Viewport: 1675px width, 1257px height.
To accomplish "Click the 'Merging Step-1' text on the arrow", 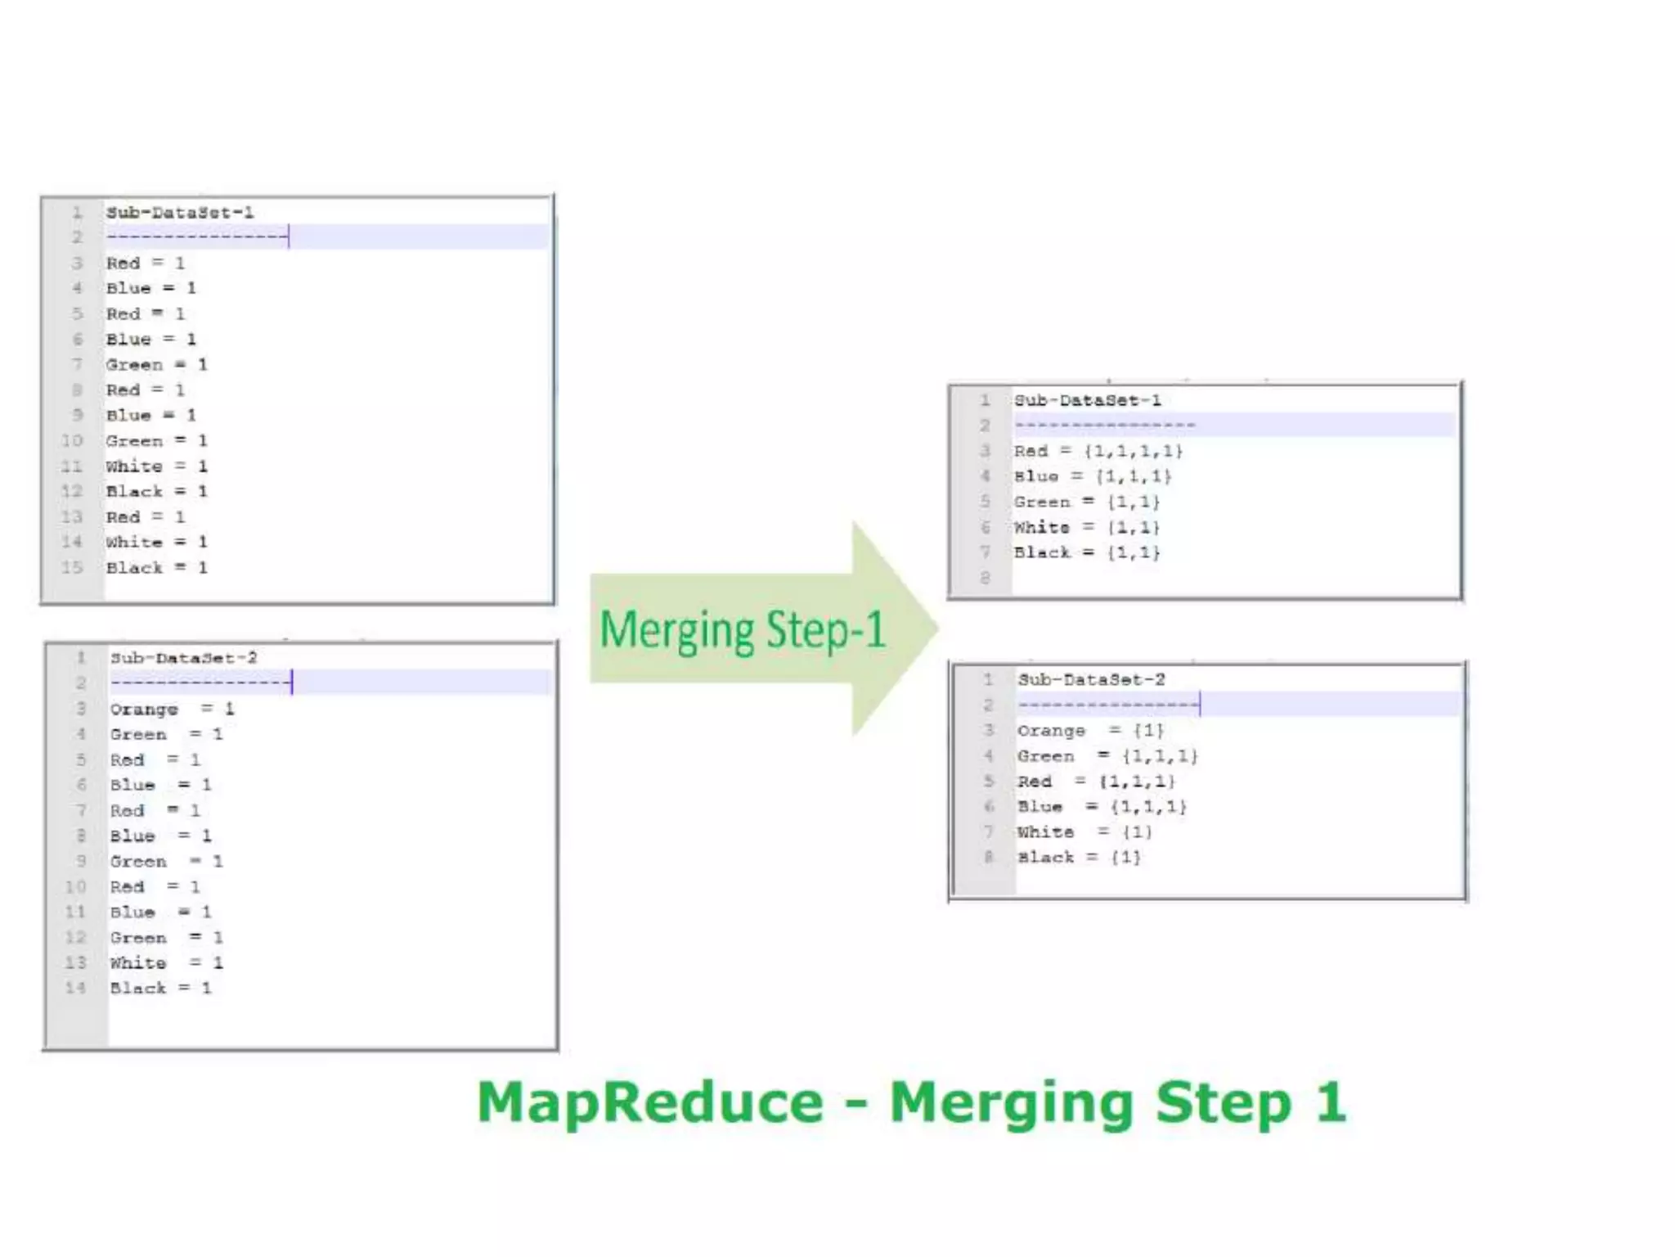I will [x=743, y=630].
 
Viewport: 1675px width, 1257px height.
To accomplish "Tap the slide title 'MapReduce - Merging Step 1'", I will [x=911, y=1102].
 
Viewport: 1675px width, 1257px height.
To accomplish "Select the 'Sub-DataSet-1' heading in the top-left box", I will [x=180, y=213].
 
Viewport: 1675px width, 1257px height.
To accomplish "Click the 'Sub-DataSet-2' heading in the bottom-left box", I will [x=184, y=658].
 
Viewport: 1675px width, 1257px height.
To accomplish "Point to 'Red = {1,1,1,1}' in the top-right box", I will [x=1098, y=451].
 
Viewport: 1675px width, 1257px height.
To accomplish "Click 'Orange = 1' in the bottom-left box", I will [x=172, y=709].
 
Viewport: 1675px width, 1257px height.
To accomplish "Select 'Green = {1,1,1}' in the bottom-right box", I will [x=1107, y=756].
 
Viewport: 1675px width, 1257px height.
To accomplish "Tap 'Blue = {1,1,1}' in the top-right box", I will [x=1093, y=476].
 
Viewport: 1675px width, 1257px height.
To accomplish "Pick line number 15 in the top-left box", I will [x=72, y=567].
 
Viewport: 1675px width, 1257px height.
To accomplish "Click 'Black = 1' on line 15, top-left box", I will [x=156, y=568].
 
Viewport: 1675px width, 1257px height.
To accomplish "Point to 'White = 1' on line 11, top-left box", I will [x=156, y=466].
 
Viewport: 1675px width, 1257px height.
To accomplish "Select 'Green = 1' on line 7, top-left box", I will [x=156, y=365].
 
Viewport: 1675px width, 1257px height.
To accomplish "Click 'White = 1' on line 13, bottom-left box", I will [x=166, y=963].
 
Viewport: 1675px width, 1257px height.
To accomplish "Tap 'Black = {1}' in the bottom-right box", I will [x=1079, y=858].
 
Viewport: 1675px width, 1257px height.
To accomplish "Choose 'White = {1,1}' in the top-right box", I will [x=1087, y=527].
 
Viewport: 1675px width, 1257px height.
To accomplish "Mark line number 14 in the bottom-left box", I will [x=75, y=988].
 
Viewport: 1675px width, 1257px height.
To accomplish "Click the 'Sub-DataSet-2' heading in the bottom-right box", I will [x=1091, y=679].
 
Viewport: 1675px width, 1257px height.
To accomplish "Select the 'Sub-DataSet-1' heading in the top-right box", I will [x=1087, y=400].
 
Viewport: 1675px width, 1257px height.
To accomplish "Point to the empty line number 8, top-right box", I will [x=985, y=578].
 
